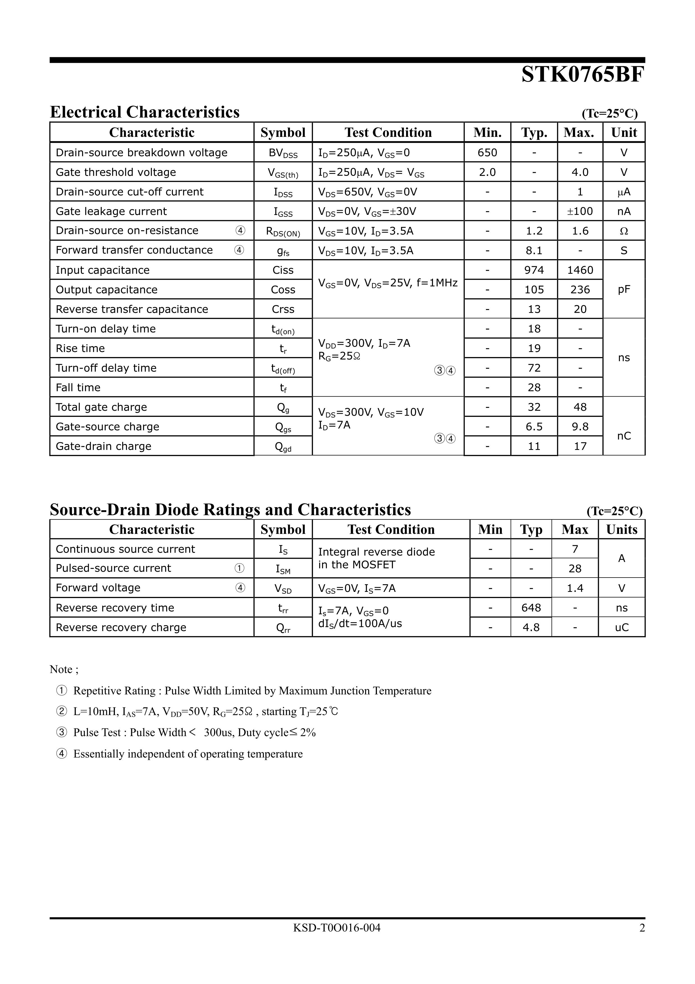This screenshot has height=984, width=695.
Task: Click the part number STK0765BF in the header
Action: [x=582, y=75]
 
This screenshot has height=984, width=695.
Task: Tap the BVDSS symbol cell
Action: [x=283, y=153]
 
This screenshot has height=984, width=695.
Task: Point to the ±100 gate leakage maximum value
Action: [x=580, y=211]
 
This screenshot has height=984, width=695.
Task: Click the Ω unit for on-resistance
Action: [x=624, y=231]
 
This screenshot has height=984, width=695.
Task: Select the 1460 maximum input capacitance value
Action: [x=580, y=270]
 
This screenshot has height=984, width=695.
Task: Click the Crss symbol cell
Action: [x=283, y=309]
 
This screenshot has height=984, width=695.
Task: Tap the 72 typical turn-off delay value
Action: [x=534, y=368]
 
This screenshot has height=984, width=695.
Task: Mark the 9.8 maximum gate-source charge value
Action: [x=580, y=426]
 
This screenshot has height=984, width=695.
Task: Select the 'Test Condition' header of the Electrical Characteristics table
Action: [x=388, y=132]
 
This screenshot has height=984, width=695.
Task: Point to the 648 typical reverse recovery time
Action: [x=531, y=608]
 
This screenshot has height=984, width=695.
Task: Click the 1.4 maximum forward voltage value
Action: [x=575, y=588]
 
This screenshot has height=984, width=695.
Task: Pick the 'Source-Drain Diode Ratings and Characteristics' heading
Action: [x=230, y=510]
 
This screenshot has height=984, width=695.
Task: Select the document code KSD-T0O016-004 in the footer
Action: [x=337, y=928]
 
